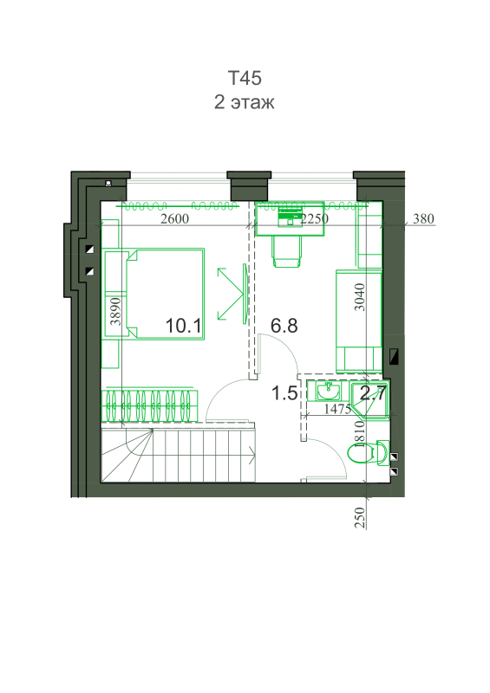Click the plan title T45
tap(245, 78)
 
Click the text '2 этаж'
tap(245, 102)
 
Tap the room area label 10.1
tap(183, 327)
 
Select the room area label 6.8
tap(284, 326)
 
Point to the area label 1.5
tap(284, 393)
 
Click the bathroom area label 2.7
tap(373, 392)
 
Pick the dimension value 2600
tap(175, 218)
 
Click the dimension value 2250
tap(314, 218)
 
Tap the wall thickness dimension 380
tap(423, 218)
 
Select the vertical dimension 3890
tap(115, 311)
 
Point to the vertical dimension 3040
tap(360, 297)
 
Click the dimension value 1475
tap(337, 409)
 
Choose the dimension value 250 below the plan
tap(360, 517)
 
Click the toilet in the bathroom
tap(369, 453)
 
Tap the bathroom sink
tap(329, 391)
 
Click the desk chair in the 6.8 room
tap(288, 251)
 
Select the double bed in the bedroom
tap(166, 294)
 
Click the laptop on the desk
tap(291, 215)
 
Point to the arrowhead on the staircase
tap(252, 456)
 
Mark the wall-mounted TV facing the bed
tap(245, 294)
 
